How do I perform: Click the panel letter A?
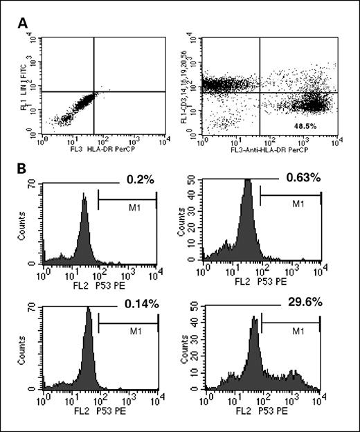pos(24,23)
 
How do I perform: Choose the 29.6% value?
pos(298,300)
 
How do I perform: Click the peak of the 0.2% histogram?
pos(84,197)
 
